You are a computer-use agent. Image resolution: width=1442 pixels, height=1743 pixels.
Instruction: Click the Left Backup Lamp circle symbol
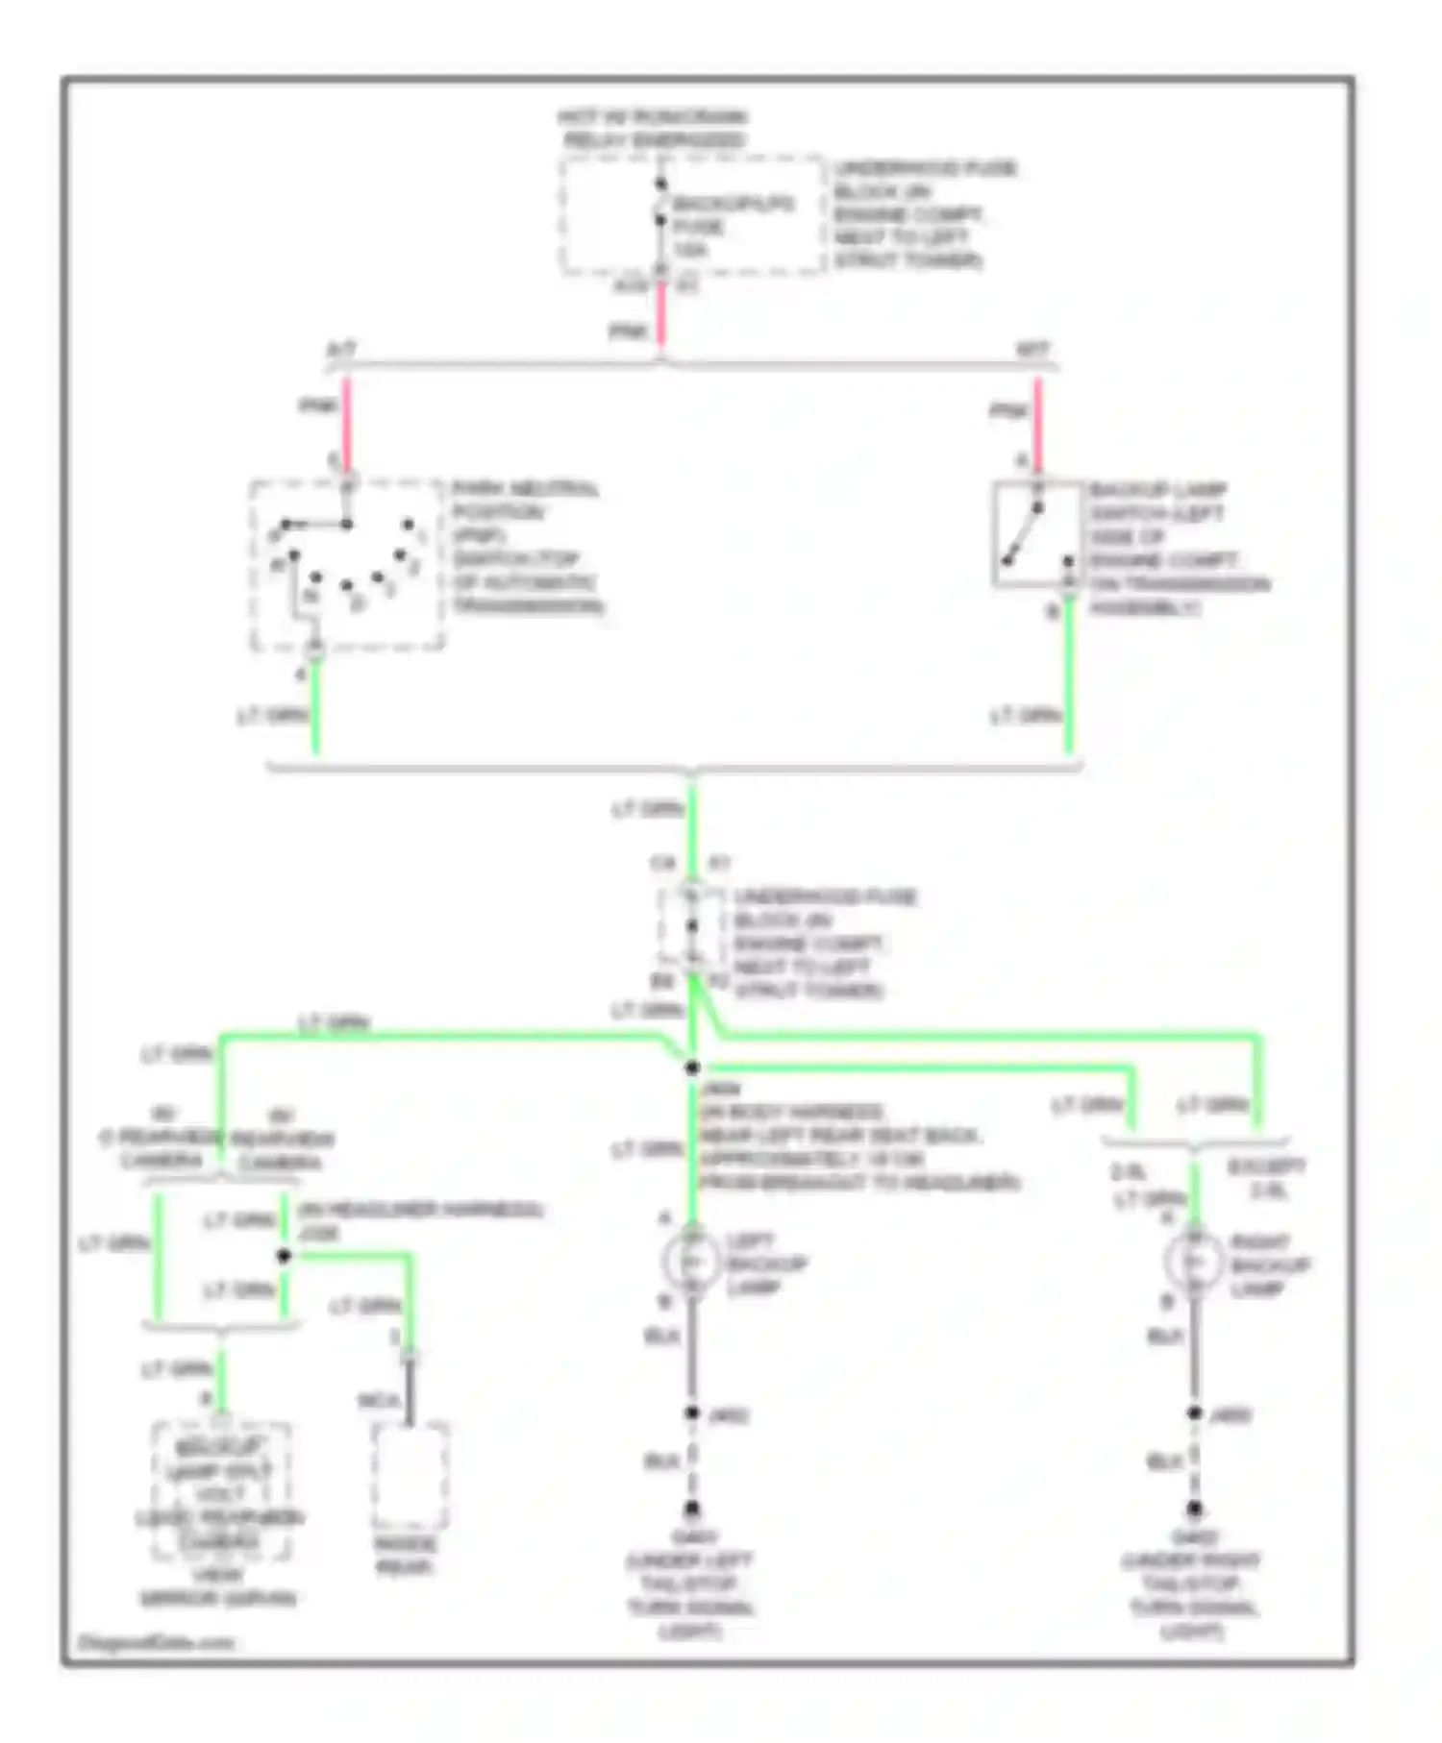693,1262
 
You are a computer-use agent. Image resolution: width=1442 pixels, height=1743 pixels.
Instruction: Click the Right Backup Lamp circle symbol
1194,1262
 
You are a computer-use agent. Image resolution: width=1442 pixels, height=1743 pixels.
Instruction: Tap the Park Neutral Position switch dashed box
347,565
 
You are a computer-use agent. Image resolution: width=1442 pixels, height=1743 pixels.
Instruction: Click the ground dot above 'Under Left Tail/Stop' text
691,1509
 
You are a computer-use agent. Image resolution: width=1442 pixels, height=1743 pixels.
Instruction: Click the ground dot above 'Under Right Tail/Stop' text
1194,1509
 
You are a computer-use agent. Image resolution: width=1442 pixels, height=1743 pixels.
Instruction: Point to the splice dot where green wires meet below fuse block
691,1068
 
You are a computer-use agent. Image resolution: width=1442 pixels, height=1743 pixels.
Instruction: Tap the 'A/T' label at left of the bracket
341,350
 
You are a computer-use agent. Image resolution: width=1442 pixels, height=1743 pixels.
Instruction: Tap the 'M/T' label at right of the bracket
1033,350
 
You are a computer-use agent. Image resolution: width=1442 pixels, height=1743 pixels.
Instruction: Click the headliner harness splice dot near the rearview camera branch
284,1256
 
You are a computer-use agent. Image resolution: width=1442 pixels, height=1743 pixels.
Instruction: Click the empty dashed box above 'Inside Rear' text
410,1476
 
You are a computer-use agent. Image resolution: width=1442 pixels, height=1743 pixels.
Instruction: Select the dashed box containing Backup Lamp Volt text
222,1491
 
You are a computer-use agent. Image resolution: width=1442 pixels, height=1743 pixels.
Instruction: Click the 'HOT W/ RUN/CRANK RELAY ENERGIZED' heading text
653,129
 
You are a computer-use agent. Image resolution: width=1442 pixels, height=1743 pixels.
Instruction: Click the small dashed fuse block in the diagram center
691,927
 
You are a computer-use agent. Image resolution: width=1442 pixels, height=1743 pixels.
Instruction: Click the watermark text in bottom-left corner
156,1642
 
